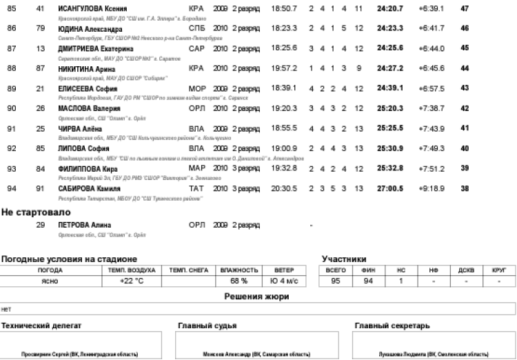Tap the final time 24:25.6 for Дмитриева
[389, 49]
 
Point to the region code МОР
[196, 89]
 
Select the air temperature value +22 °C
[131, 281]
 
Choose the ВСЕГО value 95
[336, 281]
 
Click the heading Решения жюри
[258, 296]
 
